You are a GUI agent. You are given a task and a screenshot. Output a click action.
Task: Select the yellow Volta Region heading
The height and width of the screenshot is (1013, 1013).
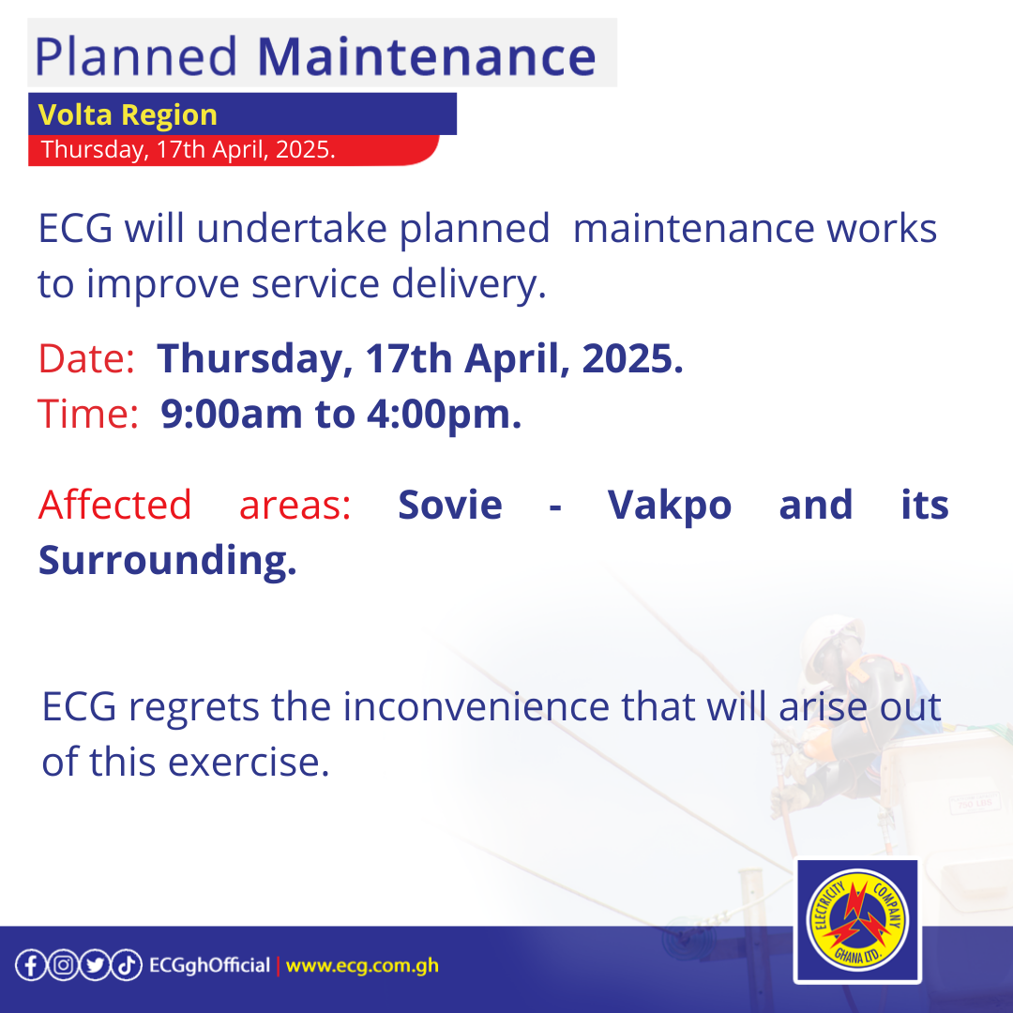[128, 115]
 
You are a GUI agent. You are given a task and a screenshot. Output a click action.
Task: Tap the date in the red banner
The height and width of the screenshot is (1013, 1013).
[189, 150]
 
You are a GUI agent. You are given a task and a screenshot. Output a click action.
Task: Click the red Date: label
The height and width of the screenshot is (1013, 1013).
[85, 359]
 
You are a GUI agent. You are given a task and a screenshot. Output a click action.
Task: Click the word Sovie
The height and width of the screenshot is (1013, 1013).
[450, 505]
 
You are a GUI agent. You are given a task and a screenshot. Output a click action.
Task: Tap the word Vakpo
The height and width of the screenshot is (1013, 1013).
[670, 505]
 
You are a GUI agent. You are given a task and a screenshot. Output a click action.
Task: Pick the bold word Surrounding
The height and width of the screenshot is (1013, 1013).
[167, 560]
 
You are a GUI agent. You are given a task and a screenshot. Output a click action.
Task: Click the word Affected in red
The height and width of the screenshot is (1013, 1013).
[114, 505]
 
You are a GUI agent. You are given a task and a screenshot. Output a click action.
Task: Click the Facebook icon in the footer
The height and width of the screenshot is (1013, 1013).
[30, 965]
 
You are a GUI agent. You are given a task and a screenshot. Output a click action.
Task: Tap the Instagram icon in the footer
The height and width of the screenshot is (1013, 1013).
[62, 965]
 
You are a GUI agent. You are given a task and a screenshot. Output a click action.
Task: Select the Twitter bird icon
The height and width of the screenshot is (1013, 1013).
[94, 965]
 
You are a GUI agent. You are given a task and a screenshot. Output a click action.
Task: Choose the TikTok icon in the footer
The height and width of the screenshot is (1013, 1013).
[127, 965]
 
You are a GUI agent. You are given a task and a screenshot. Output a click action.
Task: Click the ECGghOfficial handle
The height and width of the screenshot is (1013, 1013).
[209, 965]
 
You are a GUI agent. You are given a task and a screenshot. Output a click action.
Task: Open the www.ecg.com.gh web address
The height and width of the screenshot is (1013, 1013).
[362, 965]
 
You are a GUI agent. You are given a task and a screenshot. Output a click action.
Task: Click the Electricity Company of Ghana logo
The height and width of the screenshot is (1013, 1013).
[855, 922]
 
